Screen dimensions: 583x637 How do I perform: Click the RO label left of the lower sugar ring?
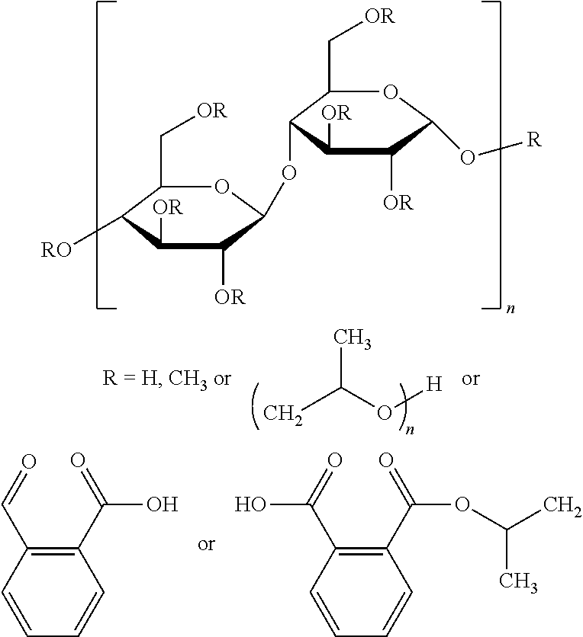(x=56, y=250)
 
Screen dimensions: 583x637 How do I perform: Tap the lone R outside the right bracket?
(x=534, y=139)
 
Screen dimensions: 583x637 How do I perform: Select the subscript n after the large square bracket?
(x=511, y=309)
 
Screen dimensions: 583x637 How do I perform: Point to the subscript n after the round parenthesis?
(x=410, y=430)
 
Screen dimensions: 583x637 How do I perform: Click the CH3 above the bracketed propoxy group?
(x=353, y=339)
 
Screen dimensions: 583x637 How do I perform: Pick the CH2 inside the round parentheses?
(x=283, y=414)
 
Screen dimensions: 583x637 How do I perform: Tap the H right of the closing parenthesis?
(x=433, y=384)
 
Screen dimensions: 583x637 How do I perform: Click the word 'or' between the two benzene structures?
(x=206, y=544)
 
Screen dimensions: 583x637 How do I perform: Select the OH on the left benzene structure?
(x=163, y=504)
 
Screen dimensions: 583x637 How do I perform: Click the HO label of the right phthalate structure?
(x=250, y=504)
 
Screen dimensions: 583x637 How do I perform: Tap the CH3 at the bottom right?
(x=518, y=582)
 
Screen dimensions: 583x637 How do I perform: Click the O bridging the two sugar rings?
(x=288, y=173)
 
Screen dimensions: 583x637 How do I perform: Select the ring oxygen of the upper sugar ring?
(x=390, y=92)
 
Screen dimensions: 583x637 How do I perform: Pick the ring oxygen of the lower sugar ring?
(x=221, y=187)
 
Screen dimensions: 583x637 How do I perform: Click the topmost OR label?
(x=379, y=16)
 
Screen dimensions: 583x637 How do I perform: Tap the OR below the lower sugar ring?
(x=230, y=297)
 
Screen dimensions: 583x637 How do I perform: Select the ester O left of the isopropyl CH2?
(x=462, y=504)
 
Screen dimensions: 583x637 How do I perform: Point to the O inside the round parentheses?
(x=384, y=413)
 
